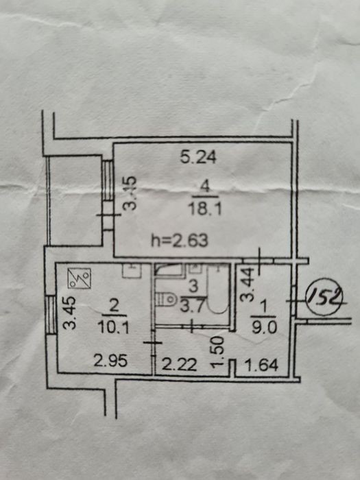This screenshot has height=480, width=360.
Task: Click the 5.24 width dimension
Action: tap(198, 157)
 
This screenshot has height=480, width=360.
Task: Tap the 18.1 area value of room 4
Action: tap(206, 210)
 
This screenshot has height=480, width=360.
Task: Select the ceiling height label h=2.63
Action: tap(180, 240)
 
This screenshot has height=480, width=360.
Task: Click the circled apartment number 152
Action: tap(326, 296)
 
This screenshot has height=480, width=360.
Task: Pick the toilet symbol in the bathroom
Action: tap(165, 299)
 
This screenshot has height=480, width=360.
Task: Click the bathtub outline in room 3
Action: tap(218, 289)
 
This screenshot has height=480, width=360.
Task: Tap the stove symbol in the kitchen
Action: tap(80, 278)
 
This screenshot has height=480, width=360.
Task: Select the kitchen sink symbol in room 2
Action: tap(132, 271)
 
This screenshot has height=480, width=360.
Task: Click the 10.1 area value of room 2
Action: tap(113, 328)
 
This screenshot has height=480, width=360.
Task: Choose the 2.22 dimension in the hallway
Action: tap(179, 365)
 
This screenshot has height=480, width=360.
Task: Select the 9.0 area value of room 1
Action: tap(264, 328)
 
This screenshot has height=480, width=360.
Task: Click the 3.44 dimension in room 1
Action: tap(248, 285)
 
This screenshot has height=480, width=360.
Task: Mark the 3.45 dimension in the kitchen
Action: tap(70, 313)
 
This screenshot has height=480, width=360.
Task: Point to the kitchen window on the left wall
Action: tap(51, 315)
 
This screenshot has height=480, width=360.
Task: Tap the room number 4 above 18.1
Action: tap(206, 187)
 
